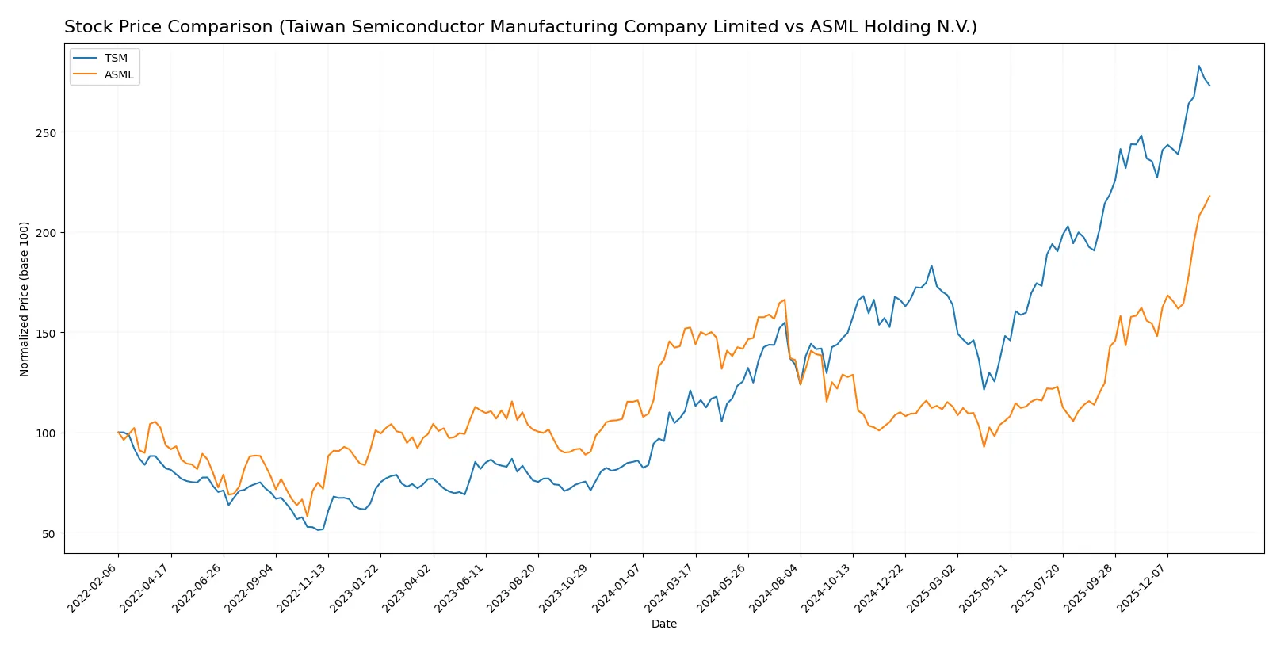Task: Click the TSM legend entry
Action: [115, 58]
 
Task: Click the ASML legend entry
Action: [119, 74]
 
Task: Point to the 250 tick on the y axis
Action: [46, 133]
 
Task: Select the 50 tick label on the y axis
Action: [49, 534]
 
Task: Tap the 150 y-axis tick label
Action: [46, 334]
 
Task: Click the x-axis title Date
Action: [663, 624]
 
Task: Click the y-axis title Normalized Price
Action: [25, 299]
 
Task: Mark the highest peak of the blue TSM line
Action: [1199, 66]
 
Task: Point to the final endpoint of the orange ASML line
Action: [1209, 196]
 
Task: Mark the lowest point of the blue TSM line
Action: [318, 529]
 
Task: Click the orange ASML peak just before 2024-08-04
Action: [785, 300]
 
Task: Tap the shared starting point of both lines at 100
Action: [118, 433]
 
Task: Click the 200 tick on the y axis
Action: [46, 233]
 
